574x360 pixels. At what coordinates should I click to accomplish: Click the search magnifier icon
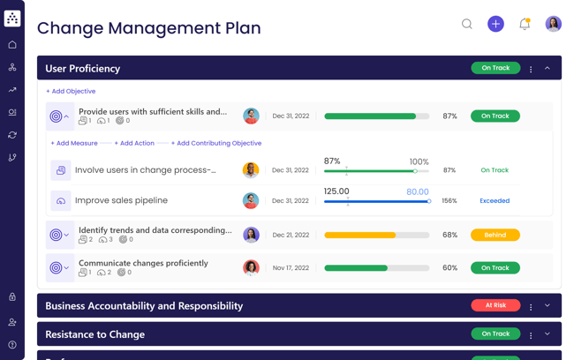click(467, 25)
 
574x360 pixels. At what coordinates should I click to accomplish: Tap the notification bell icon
click(525, 25)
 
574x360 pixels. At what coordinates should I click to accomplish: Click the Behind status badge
click(495, 236)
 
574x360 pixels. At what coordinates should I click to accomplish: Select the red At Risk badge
click(495, 305)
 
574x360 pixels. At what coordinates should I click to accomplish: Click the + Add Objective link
click(71, 91)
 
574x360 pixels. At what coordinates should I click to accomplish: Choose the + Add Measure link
click(74, 143)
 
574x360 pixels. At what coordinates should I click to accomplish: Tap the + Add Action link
click(134, 143)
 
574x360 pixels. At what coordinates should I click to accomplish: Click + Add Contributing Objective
click(216, 143)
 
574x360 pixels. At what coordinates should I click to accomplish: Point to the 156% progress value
click(449, 201)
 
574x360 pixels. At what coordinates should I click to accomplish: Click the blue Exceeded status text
click(495, 201)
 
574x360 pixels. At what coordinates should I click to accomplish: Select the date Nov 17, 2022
click(291, 268)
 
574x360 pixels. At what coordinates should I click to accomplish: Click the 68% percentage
click(449, 236)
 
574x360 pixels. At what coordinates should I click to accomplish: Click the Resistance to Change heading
click(94, 334)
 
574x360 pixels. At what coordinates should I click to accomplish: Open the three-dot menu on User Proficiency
click(531, 69)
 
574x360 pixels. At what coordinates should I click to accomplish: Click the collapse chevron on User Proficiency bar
click(548, 68)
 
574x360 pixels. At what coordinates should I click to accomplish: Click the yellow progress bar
click(376, 236)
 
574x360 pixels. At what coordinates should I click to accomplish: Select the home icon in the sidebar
click(12, 45)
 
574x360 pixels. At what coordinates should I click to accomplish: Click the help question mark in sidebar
click(12, 345)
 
